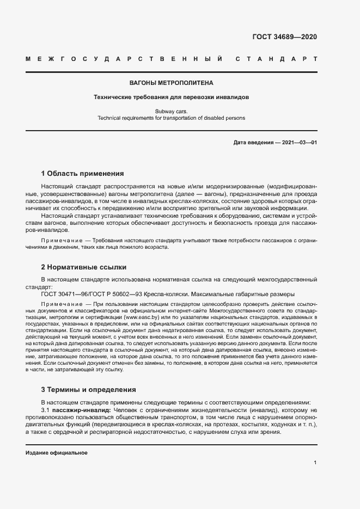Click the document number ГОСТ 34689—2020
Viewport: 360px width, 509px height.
tap(284, 37)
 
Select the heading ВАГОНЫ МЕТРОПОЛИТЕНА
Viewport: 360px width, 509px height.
tap(171, 83)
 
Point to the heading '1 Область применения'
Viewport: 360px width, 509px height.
tap(83, 174)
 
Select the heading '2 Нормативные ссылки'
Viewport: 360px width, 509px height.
tap(84, 267)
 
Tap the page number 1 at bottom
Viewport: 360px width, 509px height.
tap(315, 462)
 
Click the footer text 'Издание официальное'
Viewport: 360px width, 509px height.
tap(57, 452)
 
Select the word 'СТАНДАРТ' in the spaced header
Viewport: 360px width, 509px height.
tap(276, 58)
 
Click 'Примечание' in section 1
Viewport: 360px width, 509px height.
tap(59, 240)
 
